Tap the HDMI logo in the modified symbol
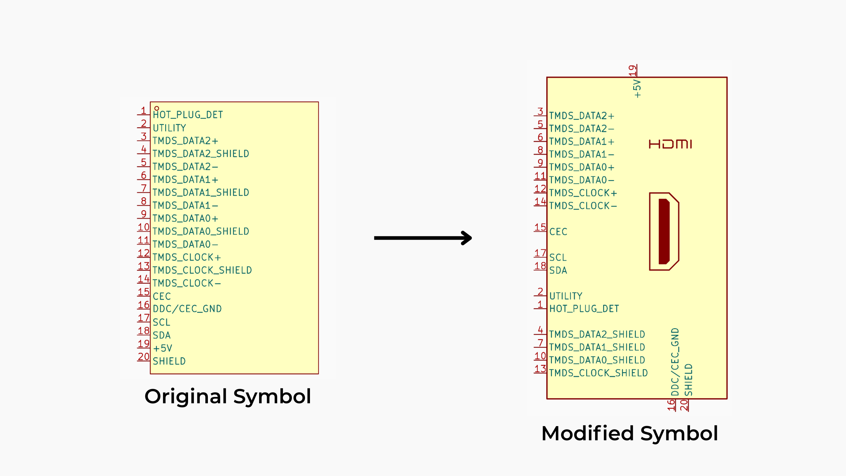coord(670,144)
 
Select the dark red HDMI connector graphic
coord(664,231)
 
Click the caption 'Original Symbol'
coord(228,396)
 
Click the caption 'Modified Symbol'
coord(630,433)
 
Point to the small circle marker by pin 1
coord(157,108)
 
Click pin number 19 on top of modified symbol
coord(632,70)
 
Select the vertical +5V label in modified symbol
coord(637,89)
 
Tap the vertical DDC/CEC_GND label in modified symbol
coord(675,362)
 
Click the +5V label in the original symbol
coord(162,348)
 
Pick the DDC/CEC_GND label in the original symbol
coord(187,309)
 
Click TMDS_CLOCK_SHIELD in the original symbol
coord(202,270)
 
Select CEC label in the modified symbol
coord(558,232)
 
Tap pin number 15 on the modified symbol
coord(540,227)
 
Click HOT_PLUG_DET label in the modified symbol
coord(584,309)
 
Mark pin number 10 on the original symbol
coord(144,227)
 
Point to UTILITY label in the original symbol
coord(169,128)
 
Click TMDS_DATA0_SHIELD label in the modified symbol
coord(597,360)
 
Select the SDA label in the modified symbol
coord(558,270)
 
